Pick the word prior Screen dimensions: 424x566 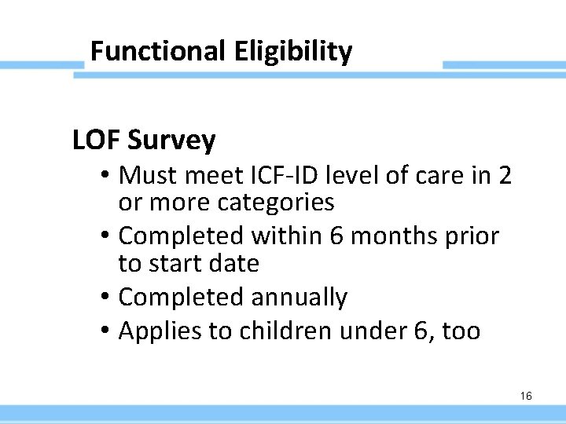476,236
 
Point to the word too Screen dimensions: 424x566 461,331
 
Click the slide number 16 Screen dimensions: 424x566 526,396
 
